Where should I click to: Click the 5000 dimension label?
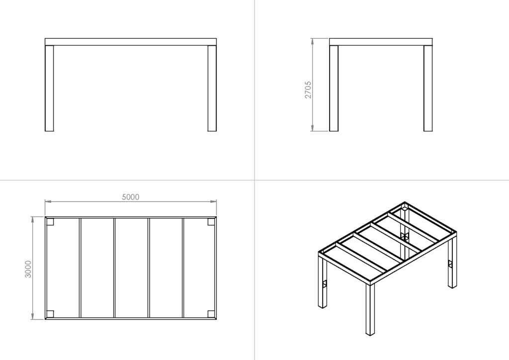pos(131,197)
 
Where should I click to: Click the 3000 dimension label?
pos(28,269)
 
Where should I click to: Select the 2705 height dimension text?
pos(308,90)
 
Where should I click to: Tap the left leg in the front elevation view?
pos(49,89)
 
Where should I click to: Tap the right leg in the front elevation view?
pos(212,89)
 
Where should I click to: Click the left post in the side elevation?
pos(334,89)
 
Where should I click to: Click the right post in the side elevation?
pos(428,89)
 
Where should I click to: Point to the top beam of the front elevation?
pos(131,42)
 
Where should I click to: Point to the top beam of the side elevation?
pos(381,42)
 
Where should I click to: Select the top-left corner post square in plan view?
pos(50,222)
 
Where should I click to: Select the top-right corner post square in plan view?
pos(211,222)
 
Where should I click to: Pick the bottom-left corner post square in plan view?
pos(50,314)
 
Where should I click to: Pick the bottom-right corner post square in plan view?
pos(211,314)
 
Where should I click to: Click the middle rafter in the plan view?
pos(115,268)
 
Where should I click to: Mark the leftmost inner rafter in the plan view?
pos(80,268)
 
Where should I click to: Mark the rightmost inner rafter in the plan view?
pos(183,268)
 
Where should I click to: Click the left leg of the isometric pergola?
pos(322,282)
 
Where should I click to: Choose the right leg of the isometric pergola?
pos(452,263)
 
